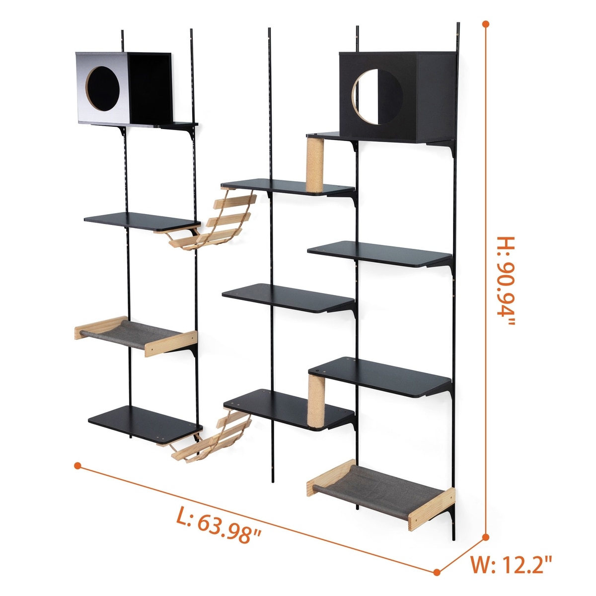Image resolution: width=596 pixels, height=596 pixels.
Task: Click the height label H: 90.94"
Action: click(506, 281)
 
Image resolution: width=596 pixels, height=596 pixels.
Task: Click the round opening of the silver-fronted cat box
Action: click(102, 88)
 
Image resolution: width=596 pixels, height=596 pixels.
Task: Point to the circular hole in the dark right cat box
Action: click(377, 96)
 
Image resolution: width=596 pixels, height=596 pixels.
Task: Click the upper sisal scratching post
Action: click(315, 165)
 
